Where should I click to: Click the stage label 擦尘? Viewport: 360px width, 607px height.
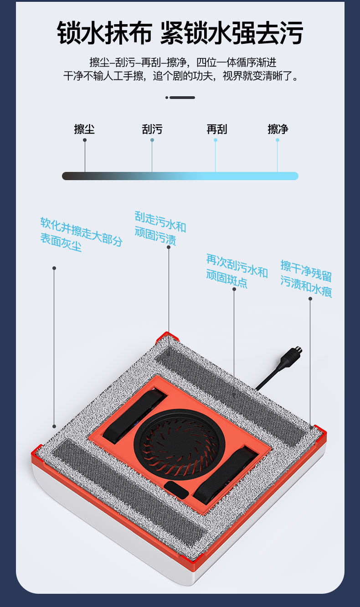point(84,129)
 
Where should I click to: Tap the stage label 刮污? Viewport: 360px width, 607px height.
point(152,129)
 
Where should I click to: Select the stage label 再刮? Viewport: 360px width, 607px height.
point(216,129)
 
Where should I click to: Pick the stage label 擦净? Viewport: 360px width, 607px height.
point(278,129)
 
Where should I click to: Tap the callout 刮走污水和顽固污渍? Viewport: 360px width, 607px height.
point(160,228)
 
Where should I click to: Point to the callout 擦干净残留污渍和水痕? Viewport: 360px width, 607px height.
point(306,279)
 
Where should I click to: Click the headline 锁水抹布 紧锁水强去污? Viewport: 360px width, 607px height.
point(180,33)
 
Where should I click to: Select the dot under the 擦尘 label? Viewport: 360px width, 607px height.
point(85,140)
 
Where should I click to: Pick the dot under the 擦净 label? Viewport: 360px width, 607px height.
point(277,140)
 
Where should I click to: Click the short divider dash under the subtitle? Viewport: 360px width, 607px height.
point(180,97)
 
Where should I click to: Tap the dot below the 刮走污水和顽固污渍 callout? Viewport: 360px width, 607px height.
point(168,247)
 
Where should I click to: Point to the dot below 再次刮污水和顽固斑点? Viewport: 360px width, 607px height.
point(234,289)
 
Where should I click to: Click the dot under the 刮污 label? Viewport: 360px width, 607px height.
point(152,140)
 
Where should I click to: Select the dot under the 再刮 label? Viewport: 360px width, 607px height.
point(216,140)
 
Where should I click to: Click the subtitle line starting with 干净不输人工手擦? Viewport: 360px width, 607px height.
point(180,76)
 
